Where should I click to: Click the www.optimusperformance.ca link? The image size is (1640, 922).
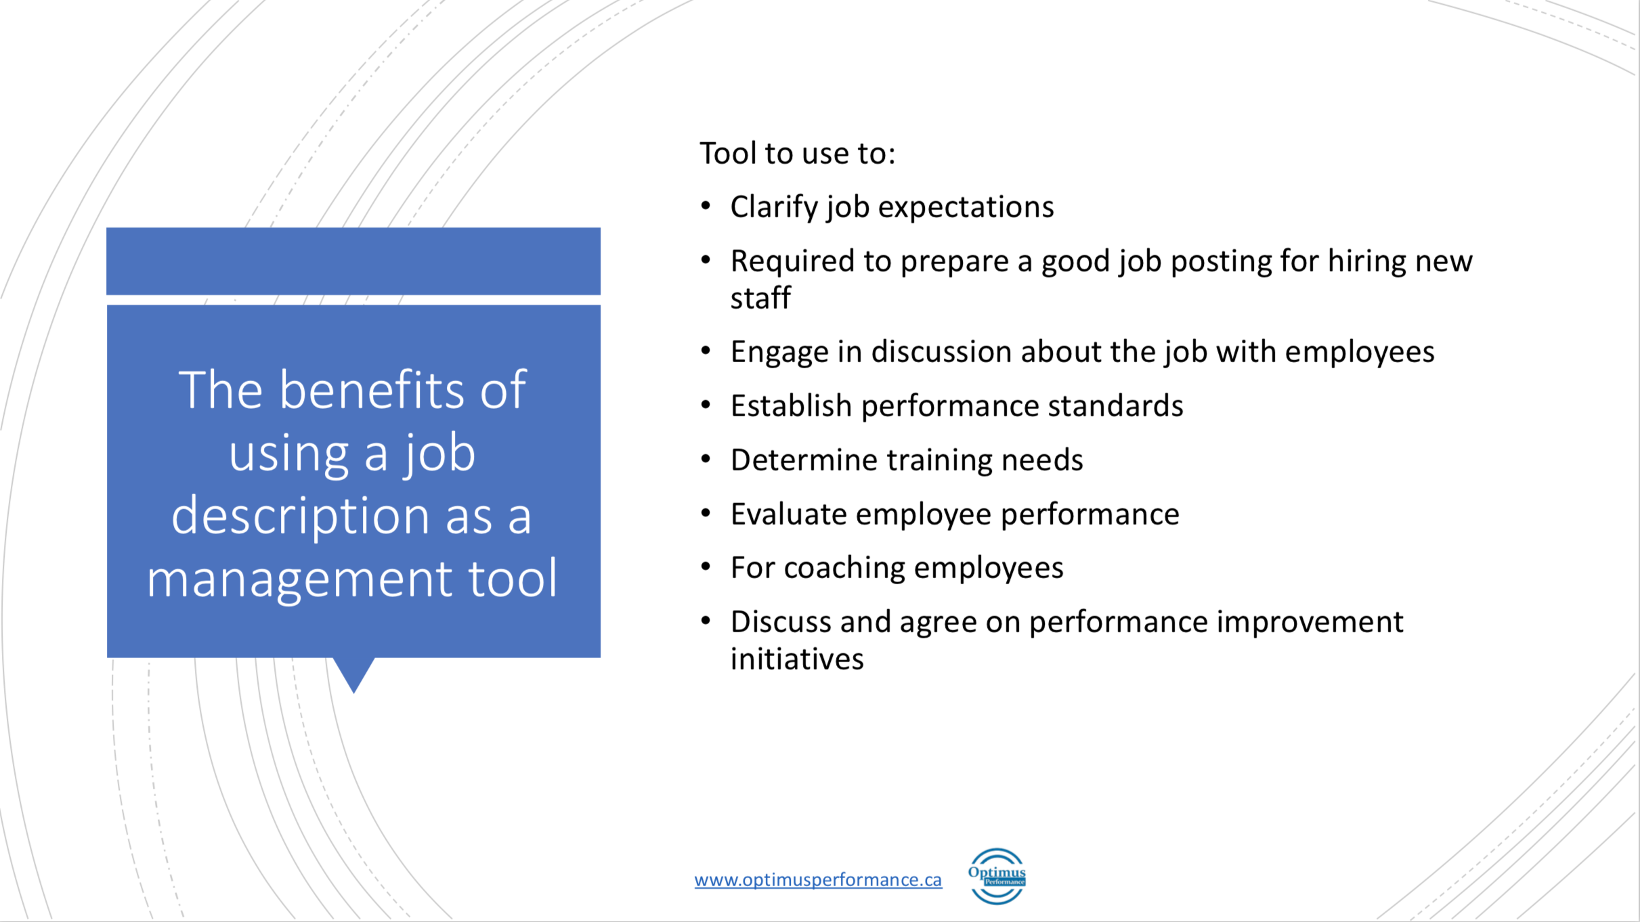[x=818, y=879]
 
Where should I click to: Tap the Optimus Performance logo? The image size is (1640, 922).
[x=997, y=876]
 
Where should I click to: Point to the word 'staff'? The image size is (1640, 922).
[x=760, y=298]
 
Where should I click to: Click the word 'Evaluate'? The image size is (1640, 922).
[x=789, y=514]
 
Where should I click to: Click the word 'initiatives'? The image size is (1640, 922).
[x=797, y=659]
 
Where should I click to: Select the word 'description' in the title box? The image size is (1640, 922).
[x=300, y=517]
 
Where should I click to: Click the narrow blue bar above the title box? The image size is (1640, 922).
[x=353, y=261]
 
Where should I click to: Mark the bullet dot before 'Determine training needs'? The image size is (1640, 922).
[x=706, y=460]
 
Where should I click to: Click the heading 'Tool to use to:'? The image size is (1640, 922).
[x=797, y=153]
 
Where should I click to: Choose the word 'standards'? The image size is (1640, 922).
[x=1115, y=406]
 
